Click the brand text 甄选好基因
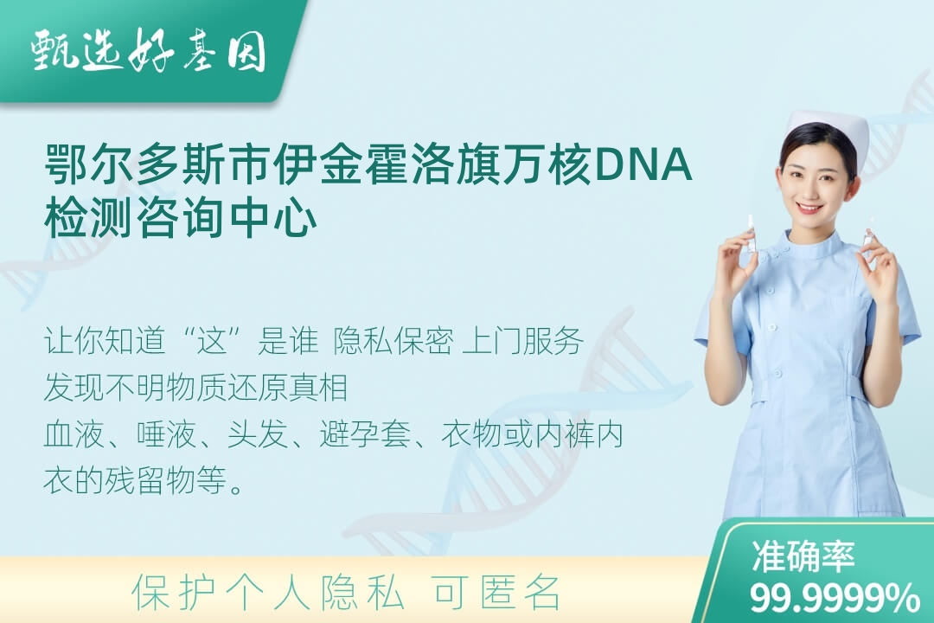[149, 51]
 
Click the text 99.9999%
[834, 597]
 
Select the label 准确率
[803, 556]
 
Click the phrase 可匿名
[496, 594]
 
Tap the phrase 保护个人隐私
[268, 594]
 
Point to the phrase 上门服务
[522, 342]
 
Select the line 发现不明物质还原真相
[195, 388]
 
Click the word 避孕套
[365, 434]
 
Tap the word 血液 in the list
[74, 434]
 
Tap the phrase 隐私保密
[393, 342]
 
